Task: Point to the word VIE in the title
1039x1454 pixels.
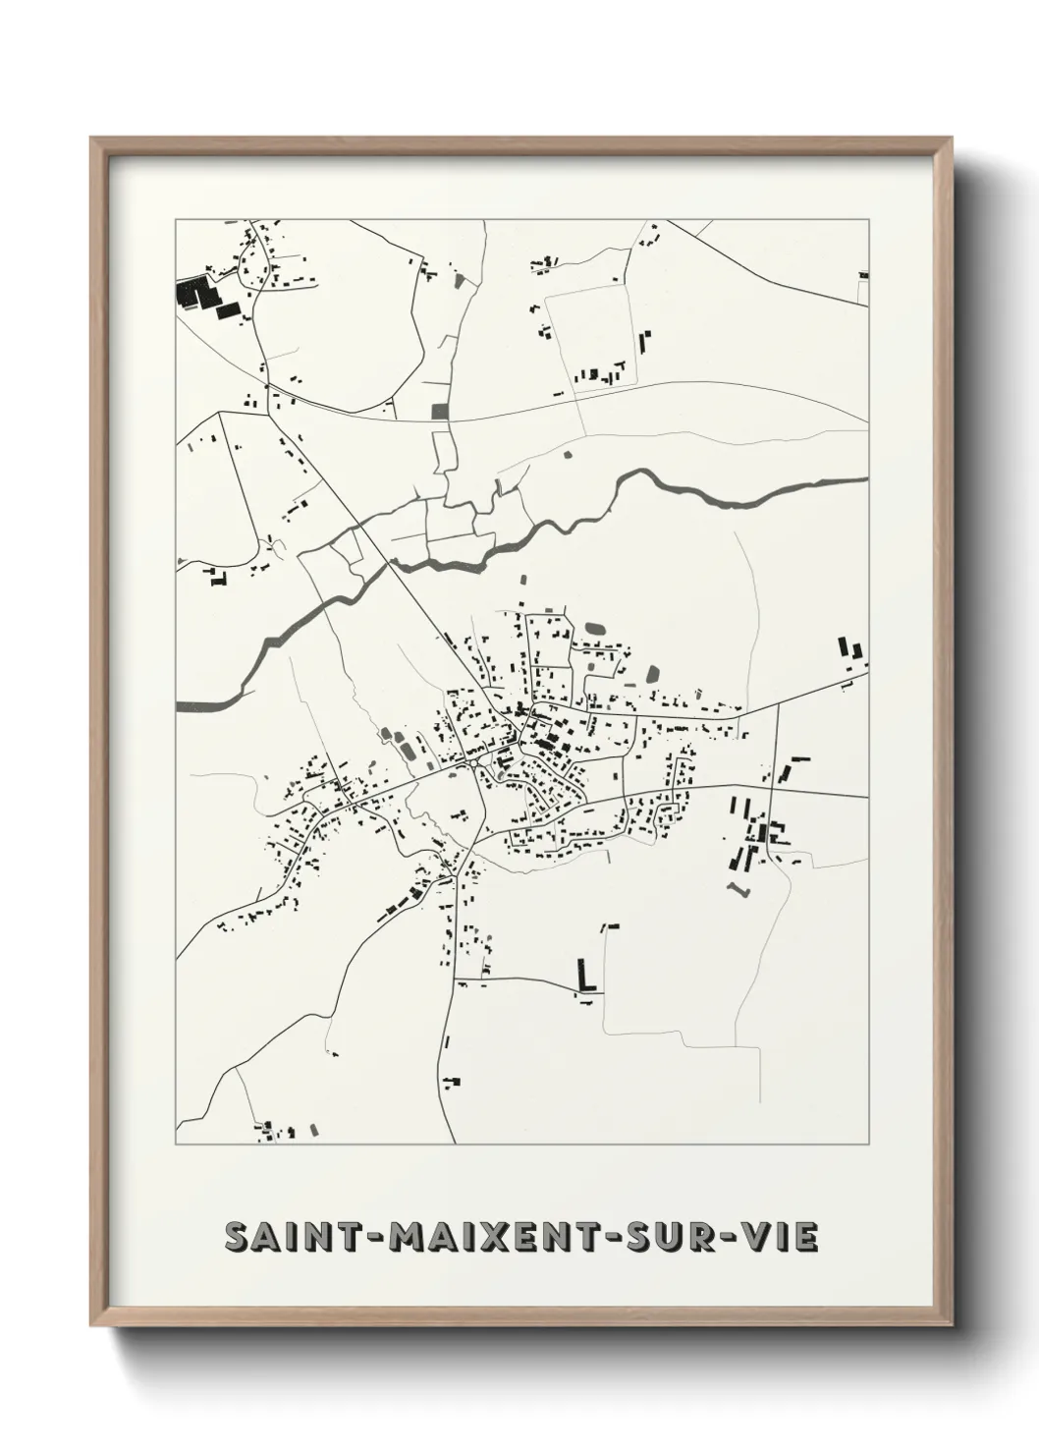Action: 782,1237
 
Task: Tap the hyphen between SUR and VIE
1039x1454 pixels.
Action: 732,1238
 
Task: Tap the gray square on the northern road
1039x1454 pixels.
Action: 439,411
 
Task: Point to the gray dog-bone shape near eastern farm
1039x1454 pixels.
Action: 738,888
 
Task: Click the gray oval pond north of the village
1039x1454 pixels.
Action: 595,627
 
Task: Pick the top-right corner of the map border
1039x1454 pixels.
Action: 868,220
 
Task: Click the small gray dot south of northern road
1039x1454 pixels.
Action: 566,454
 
